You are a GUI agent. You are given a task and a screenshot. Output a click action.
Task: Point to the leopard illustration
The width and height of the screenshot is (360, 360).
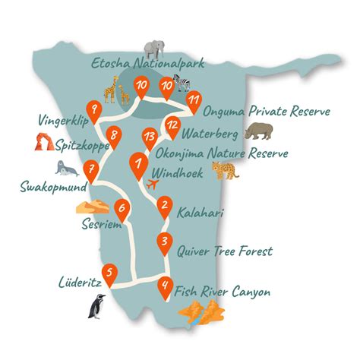[x=226, y=171]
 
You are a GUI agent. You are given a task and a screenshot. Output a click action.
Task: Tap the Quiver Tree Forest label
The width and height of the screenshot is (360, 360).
[x=223, y=250]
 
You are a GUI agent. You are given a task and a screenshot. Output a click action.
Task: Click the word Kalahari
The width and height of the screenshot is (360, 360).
[x=200, y=214]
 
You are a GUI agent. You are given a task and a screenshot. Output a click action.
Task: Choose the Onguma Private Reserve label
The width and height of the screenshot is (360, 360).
[x=267, y=112]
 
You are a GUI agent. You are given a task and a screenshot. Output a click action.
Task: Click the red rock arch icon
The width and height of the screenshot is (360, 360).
[x=43, y=141]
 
